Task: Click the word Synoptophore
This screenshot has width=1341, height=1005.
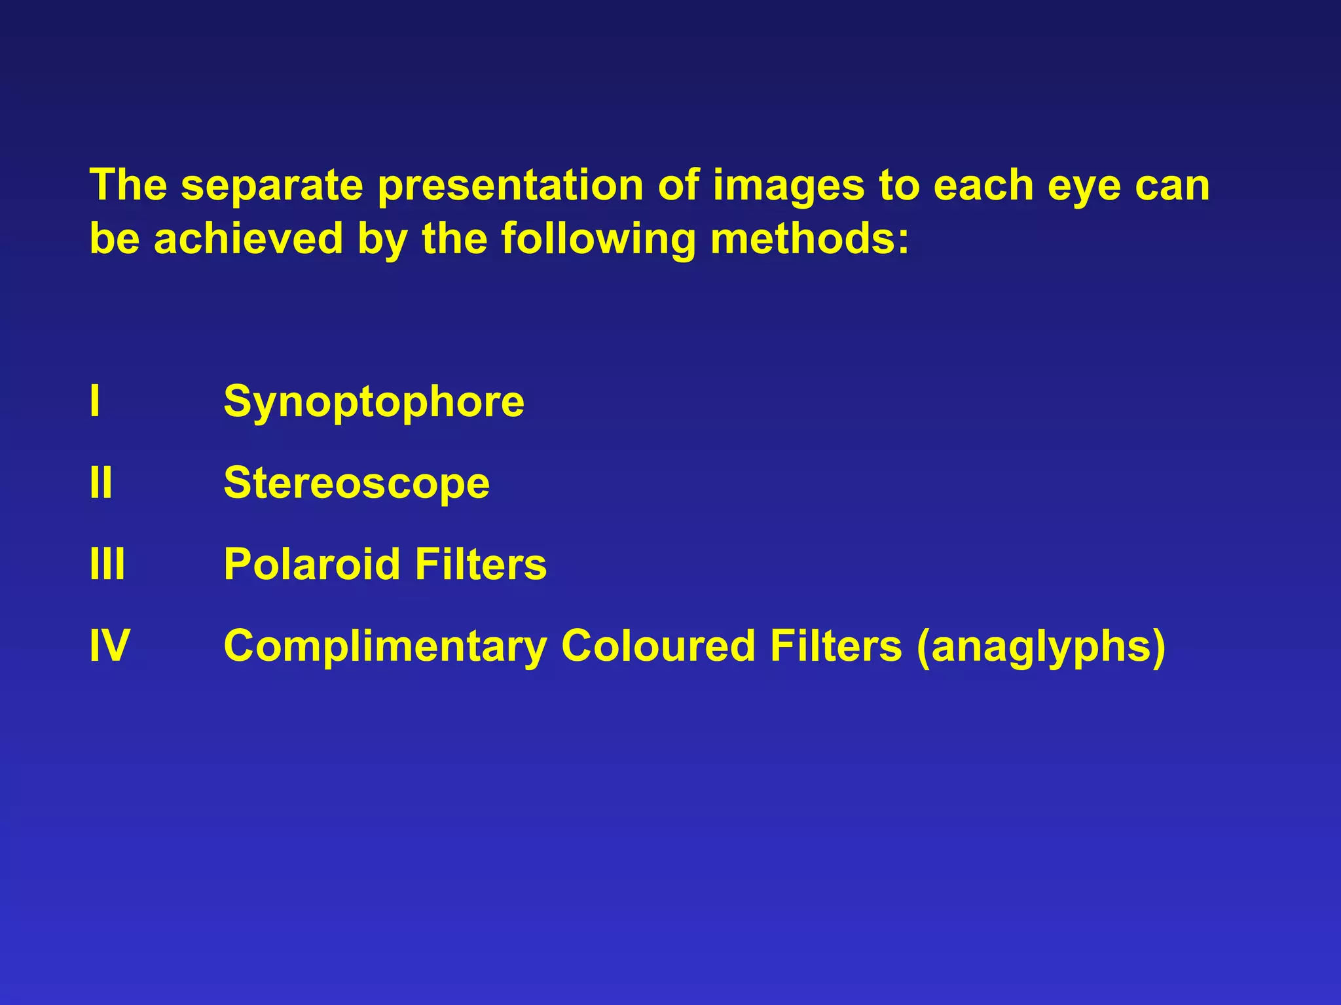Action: [374, 402]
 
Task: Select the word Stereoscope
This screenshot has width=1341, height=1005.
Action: [357, 483]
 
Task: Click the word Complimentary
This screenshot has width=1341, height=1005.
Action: [385, 646]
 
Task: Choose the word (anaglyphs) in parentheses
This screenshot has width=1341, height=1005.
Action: [1041, 646]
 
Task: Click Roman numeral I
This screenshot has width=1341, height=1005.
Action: [95, 401]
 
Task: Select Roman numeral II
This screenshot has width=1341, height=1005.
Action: [101, 483]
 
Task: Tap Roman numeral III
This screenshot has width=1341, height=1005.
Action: [107, 564]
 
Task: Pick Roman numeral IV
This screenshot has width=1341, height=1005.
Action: [109, 646]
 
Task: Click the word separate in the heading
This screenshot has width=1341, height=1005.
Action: [272, 186]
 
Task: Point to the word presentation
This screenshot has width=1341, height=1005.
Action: [511, 186]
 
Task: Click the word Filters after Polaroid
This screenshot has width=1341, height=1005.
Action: [481, 564]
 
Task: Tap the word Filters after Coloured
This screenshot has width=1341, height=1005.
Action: [836, 646]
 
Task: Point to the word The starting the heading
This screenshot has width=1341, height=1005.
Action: [128, 185]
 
